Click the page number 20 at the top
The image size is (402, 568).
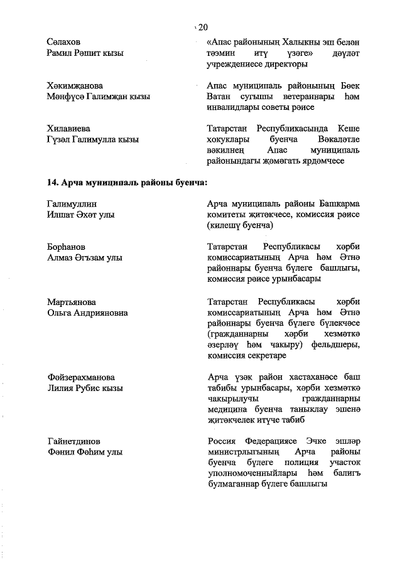[x=202, y=27]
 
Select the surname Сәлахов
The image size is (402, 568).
[x=63, y=41]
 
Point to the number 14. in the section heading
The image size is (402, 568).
[x=53, y=183]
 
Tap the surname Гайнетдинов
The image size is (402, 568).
[x=73, y=441]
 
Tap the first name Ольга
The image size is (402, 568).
[x=60, y=313]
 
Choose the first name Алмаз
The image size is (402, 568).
[x=62, y=258]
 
